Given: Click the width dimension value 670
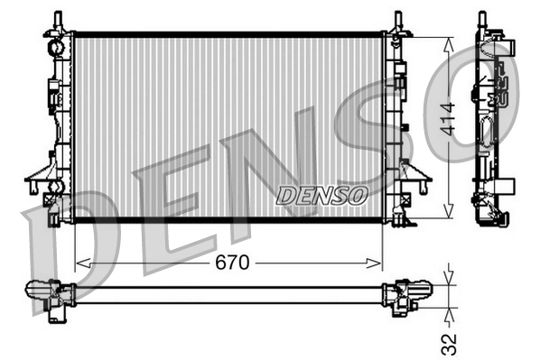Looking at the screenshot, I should (228, 263).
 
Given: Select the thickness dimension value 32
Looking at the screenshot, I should (450, 343).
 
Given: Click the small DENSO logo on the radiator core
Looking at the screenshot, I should (321, 194).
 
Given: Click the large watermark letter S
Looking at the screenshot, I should (361, 117).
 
